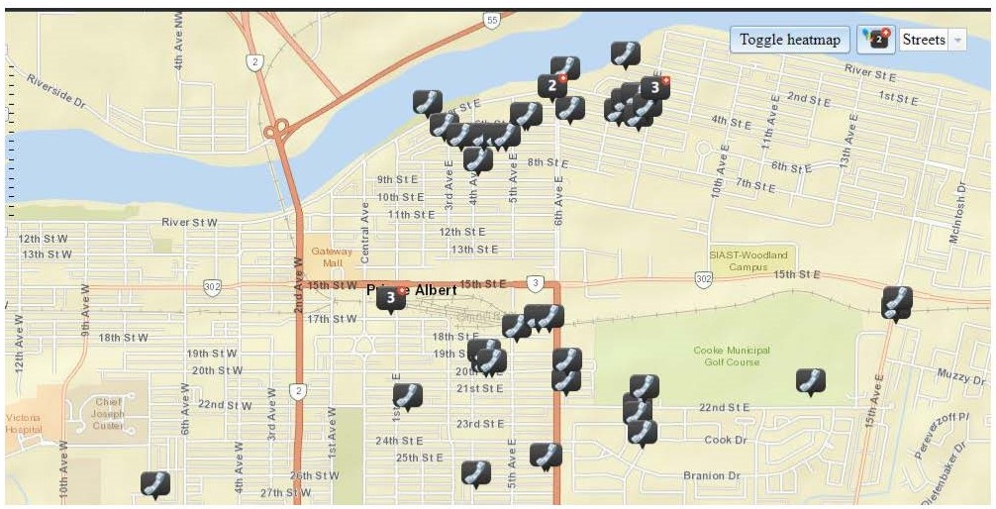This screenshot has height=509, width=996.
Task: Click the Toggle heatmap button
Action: (x=789, y=40)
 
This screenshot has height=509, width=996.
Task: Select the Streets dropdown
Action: (x=932, y=40)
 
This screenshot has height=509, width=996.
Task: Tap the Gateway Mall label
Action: (x=332, y=257)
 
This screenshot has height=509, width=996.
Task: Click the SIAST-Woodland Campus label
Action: (x=748, y=260)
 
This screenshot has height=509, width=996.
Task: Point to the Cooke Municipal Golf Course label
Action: (x=732, y=356)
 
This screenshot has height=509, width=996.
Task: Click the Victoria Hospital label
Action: (x=23, y=424)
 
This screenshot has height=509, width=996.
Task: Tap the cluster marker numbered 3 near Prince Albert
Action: (x=391, y=297)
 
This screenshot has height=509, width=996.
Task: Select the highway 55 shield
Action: (x=492, y=20)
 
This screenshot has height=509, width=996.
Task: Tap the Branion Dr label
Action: (x=712, y=476)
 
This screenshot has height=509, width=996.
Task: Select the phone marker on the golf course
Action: (x=810, y=380)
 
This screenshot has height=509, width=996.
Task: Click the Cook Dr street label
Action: (x=725, y=440)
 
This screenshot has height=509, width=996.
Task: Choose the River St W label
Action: (x=188, y=223)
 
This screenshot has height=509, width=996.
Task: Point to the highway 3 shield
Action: (x=536, y=284)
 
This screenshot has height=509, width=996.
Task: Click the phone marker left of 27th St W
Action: (x=154, y=483)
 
